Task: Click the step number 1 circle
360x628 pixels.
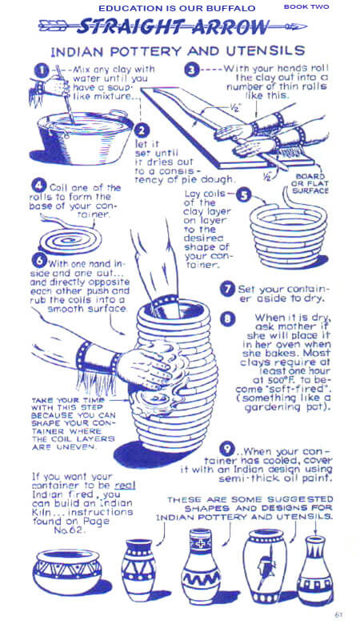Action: (42, 70)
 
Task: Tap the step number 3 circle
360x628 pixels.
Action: (192, 70)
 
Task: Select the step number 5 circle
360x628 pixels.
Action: (243, 195)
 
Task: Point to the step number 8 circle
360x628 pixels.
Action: (227, 318)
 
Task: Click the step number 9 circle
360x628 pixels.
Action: (227, 448)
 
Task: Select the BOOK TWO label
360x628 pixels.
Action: (306, 6)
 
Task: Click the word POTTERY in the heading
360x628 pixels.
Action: (146, 51)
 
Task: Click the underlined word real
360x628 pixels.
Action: (125, 486)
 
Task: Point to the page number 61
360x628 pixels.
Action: (338, 614)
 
